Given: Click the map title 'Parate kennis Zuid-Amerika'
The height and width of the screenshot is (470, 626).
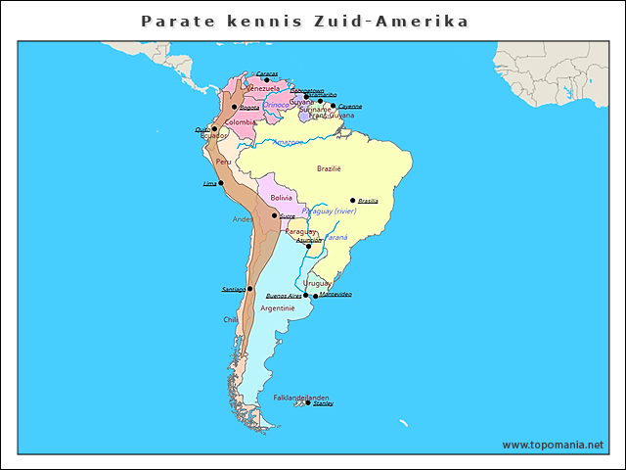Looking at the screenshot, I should coord(304,21).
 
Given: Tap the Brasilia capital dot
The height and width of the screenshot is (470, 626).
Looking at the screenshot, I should coord(353,201).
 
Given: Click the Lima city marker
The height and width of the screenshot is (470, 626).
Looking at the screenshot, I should coord(221,183).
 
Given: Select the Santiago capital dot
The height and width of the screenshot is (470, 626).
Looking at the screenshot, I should coord(250,289).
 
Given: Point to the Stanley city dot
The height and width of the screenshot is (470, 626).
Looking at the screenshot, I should coord(309,402).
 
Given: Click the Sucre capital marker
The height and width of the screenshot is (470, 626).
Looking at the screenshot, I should coord(274,215).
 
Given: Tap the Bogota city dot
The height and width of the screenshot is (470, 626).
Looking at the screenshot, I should coord(235,107).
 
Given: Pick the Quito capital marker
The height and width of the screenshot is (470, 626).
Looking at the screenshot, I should coord(214,128).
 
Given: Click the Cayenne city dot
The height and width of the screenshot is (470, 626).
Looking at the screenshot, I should coord(333,106).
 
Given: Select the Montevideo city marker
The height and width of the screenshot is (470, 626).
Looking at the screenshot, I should coord(315,295).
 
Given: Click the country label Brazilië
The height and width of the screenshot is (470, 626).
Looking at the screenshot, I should coord(329,168).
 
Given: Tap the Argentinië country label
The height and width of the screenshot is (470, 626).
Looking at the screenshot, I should coord(278,307).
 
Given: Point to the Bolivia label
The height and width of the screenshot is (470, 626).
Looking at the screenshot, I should coord(282,198).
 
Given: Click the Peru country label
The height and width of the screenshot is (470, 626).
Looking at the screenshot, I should coord(224,162).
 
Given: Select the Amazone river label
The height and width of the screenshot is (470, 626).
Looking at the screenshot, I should coord(288,143).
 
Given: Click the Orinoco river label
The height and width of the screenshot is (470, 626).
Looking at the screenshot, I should coord(277,104).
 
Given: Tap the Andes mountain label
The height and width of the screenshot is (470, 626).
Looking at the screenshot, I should coord(243,219).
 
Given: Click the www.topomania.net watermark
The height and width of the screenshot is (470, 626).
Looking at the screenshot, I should coord(553,445).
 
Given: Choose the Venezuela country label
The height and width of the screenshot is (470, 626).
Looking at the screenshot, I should coord(264,88).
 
